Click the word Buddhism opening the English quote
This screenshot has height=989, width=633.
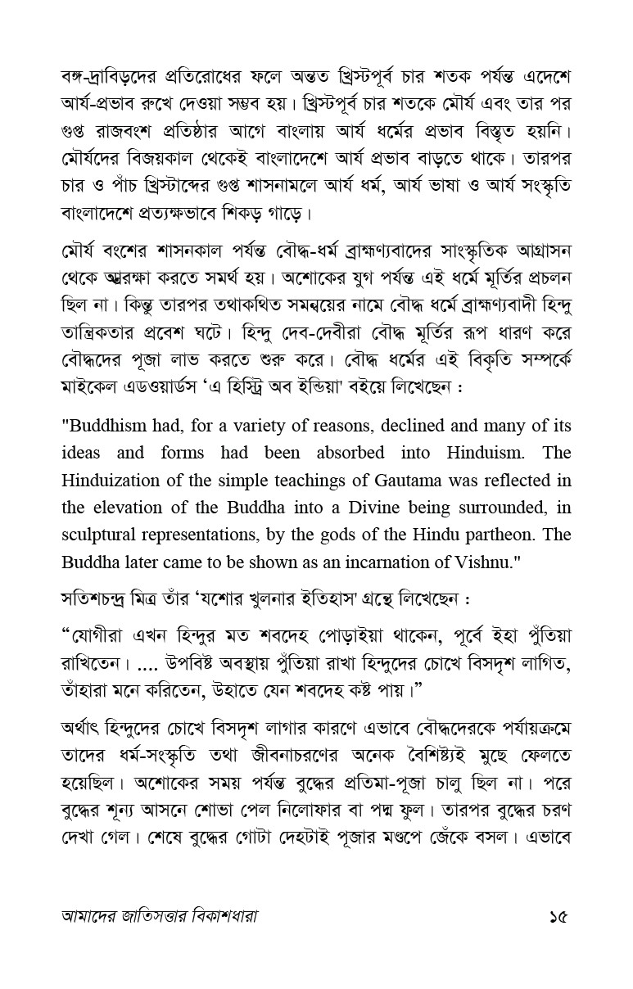tap(108, 427)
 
